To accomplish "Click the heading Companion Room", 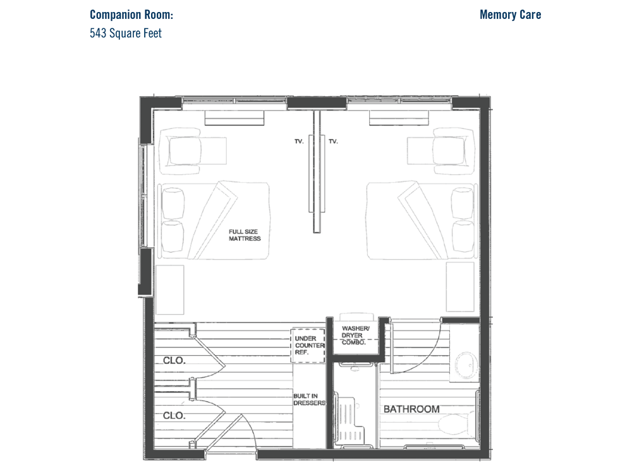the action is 131,15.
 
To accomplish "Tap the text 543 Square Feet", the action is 126,33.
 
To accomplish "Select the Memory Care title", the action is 510,15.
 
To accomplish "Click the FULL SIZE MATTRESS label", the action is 245,235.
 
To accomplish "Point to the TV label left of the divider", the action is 299,142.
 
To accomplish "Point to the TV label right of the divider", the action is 333,142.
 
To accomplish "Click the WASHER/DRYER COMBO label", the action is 355,336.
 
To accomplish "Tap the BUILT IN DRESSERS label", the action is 309,399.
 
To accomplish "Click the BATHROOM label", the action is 411,409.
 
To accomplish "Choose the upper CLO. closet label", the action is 174,360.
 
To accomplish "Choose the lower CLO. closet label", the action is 174,415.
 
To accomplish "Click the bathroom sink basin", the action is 467,365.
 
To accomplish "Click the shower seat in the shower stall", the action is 349,419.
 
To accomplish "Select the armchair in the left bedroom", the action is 183,151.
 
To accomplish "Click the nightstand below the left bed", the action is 169,289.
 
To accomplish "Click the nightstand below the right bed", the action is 460,287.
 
